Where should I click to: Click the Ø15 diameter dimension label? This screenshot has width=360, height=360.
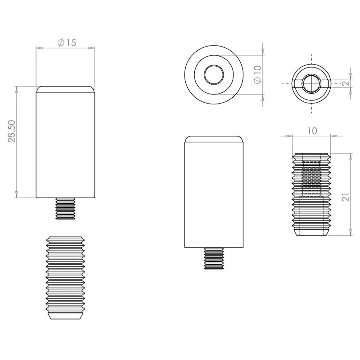click(x=67, y=43)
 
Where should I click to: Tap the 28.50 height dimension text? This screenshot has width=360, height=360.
click(x=12, y=131)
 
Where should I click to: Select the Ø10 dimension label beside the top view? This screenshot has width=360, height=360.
click(x=257, y=74)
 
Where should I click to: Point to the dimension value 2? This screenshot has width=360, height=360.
click(x=346, y=83)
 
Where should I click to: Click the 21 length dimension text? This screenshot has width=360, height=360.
click(x=345, y=197)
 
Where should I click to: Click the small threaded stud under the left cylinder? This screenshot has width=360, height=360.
click(x=66, y=208)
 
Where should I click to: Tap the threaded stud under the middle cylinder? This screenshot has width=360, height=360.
click(x=214, y=258)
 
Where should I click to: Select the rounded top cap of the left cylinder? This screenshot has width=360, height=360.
click(x=65, y=89)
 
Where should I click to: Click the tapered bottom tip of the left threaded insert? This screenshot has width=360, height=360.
click(x=65, y=316)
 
